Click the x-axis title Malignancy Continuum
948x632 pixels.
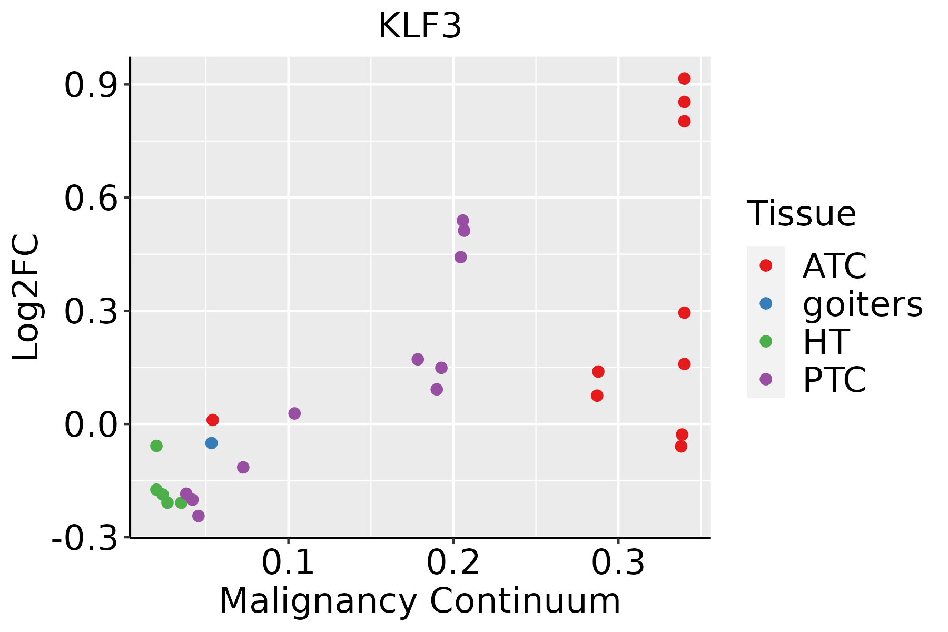(420, 601)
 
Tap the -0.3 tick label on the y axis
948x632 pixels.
(84, 538)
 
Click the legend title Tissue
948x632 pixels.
(801, 214)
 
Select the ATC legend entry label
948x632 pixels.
(834, 266)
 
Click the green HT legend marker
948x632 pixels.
(766, 341)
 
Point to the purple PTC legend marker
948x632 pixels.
(766, 379)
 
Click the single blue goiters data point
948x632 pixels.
(211, 443)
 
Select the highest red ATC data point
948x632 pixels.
(684, 78)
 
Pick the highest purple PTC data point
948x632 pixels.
(463, 221)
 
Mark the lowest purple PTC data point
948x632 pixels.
(198, 516)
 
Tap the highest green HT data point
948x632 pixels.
(156, 446)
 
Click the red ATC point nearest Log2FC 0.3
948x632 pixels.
(684, 313)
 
